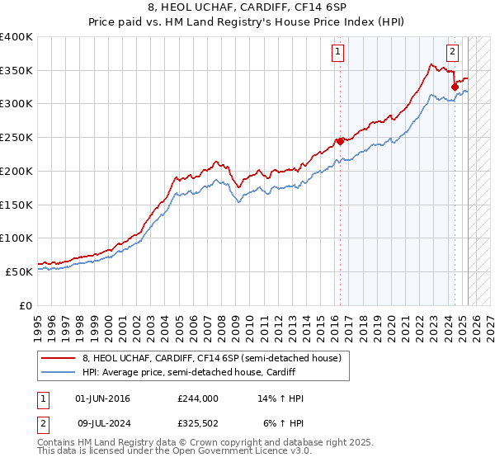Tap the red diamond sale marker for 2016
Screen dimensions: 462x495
tap(340, 141)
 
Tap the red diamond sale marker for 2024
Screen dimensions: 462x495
tap(455, 87)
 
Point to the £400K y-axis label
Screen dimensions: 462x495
tap(16, 37)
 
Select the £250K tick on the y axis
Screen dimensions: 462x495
tap(16, 138)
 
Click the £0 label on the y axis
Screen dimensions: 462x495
tap(26, 305)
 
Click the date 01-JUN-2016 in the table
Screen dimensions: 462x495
tap(102, 398)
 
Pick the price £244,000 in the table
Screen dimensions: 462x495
tap(197, 398)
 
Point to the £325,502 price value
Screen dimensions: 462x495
tap(197, 423)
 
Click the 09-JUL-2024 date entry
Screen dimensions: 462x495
tap(102, 423)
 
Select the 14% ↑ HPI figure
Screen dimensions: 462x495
tap(280, 398)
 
